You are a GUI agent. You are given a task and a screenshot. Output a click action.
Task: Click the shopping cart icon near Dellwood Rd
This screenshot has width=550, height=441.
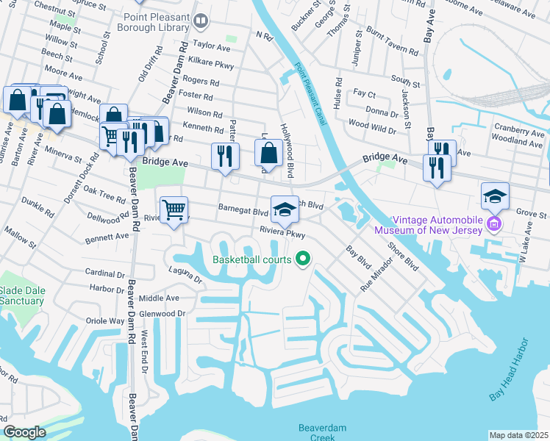(x=174, y=210)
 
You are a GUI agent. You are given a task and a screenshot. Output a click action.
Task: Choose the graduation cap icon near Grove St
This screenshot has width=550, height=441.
(x=495, y=196)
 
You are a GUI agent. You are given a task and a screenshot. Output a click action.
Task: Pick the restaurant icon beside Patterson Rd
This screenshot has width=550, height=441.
(x=225, y=156)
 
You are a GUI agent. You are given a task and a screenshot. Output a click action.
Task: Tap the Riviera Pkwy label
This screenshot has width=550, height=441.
(x=282, y=232)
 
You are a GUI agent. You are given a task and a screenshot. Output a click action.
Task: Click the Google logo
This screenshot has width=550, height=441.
(x=25, y=432)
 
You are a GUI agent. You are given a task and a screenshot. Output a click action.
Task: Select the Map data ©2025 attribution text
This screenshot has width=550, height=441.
(x=518, y=435)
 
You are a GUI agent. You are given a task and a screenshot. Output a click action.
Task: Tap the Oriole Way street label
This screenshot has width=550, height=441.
(x=106, y=320)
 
